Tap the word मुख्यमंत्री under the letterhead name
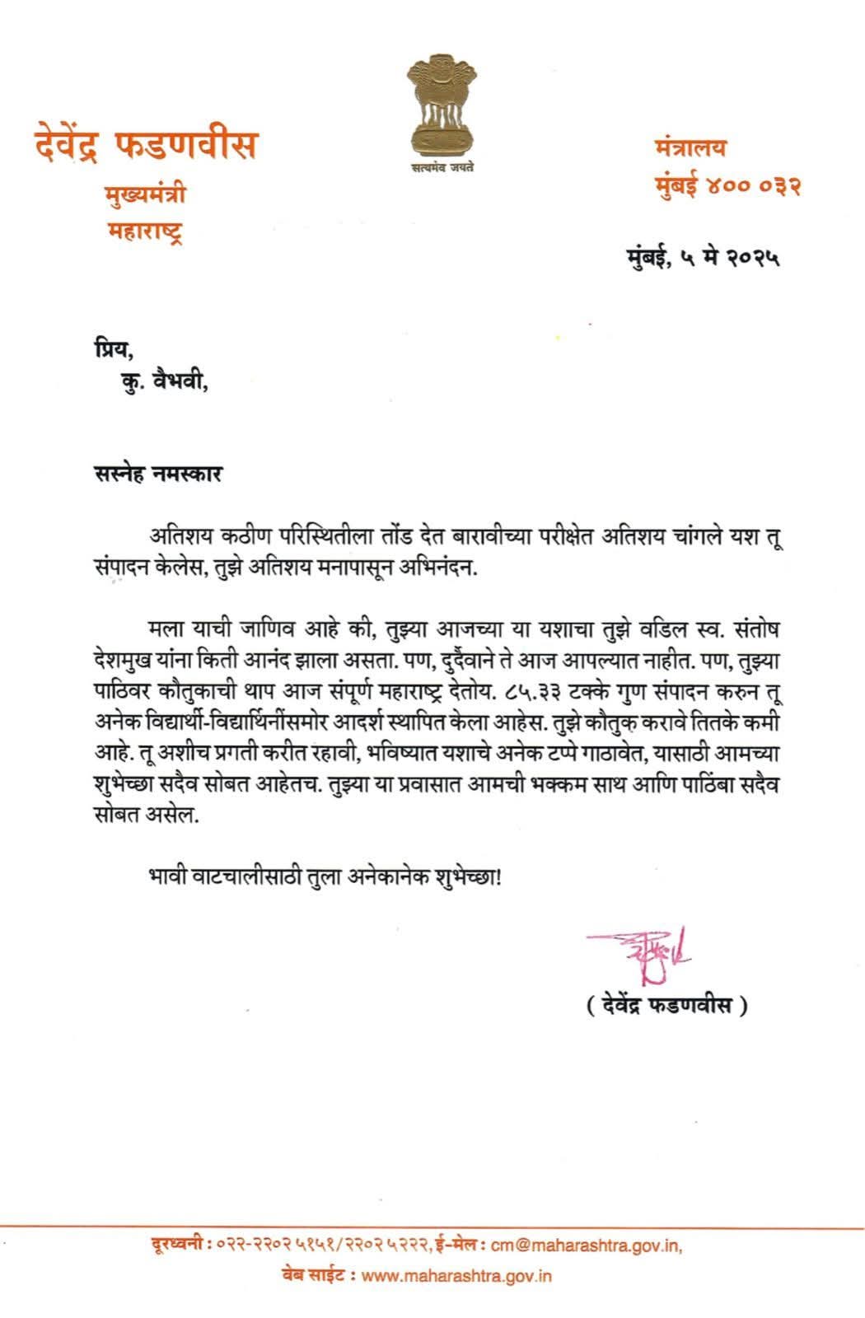click(x=145, y=195)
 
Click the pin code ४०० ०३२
click(x=752, y=186)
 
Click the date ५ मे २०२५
click(x=730, y=259)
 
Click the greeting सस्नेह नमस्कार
click(x=158, y=475)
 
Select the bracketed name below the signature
click(x=667, y=1007)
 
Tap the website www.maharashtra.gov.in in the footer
click(x=457, y=1276)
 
